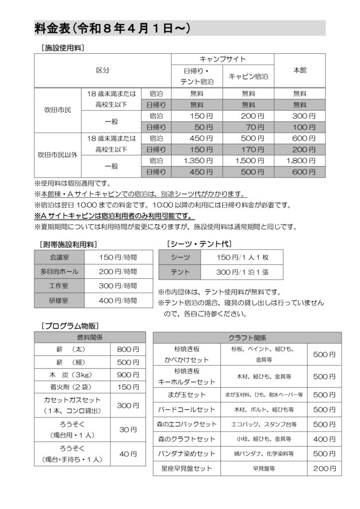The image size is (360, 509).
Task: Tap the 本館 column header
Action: (x=300, y=71)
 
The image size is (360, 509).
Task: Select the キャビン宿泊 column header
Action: (x=248, y=77)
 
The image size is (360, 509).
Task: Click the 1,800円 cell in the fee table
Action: (x=300, y=161)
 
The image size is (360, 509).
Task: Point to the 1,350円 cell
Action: (x=198, y=161)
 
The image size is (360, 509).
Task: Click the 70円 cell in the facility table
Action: (x=248, y=127)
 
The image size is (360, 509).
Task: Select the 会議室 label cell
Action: (x=59, y=257)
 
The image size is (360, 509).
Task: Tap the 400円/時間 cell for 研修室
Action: (x=117, y=301)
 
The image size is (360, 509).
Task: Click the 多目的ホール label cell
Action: (x=59, y=272)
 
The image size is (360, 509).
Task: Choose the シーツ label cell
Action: (x=180, y=257)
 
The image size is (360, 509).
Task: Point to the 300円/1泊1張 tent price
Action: (x=242, y=272)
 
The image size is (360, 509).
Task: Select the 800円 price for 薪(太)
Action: (x=128, y=349)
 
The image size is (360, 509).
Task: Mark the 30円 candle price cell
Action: (x=128, y=429)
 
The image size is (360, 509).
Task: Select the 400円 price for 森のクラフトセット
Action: (x=324, y=439)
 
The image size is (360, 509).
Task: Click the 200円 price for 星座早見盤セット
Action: (x=324, y=468)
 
